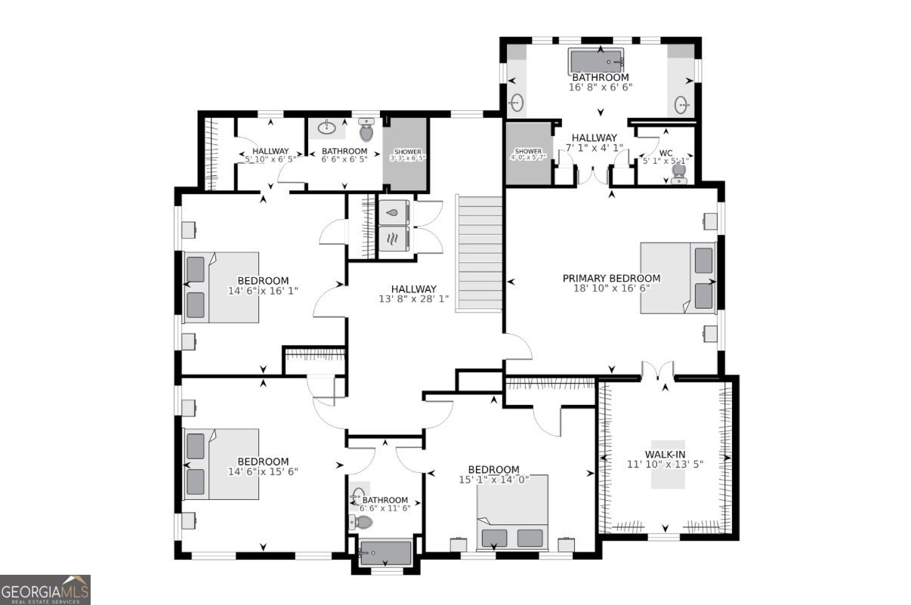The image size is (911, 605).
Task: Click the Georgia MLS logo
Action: click(45, 589)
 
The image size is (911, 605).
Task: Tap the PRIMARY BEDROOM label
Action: click(611, 278)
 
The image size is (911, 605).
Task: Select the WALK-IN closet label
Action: click(665, 454)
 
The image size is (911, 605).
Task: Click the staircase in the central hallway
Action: click(480, 253)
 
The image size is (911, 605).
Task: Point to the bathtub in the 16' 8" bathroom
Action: click(596, 60)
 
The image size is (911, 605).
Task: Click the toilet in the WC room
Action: click(678, 173)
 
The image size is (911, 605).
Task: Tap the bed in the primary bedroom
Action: click(678, 278)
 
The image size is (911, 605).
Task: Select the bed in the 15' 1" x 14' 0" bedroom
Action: click(512, 514)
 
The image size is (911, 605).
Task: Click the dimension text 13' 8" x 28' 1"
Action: click(413, 299)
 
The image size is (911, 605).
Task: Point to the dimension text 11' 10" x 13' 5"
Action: click(665, 465)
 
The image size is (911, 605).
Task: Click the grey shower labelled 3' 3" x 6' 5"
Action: click(406, 154)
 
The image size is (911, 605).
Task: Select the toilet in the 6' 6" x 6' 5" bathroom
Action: click(366, 131)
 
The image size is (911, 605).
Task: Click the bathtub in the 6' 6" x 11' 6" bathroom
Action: click(385, 553)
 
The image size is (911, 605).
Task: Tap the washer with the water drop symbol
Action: click(393, 213)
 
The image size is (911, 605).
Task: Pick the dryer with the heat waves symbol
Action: click(393, 239)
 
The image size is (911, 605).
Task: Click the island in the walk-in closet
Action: click(669, 465)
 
